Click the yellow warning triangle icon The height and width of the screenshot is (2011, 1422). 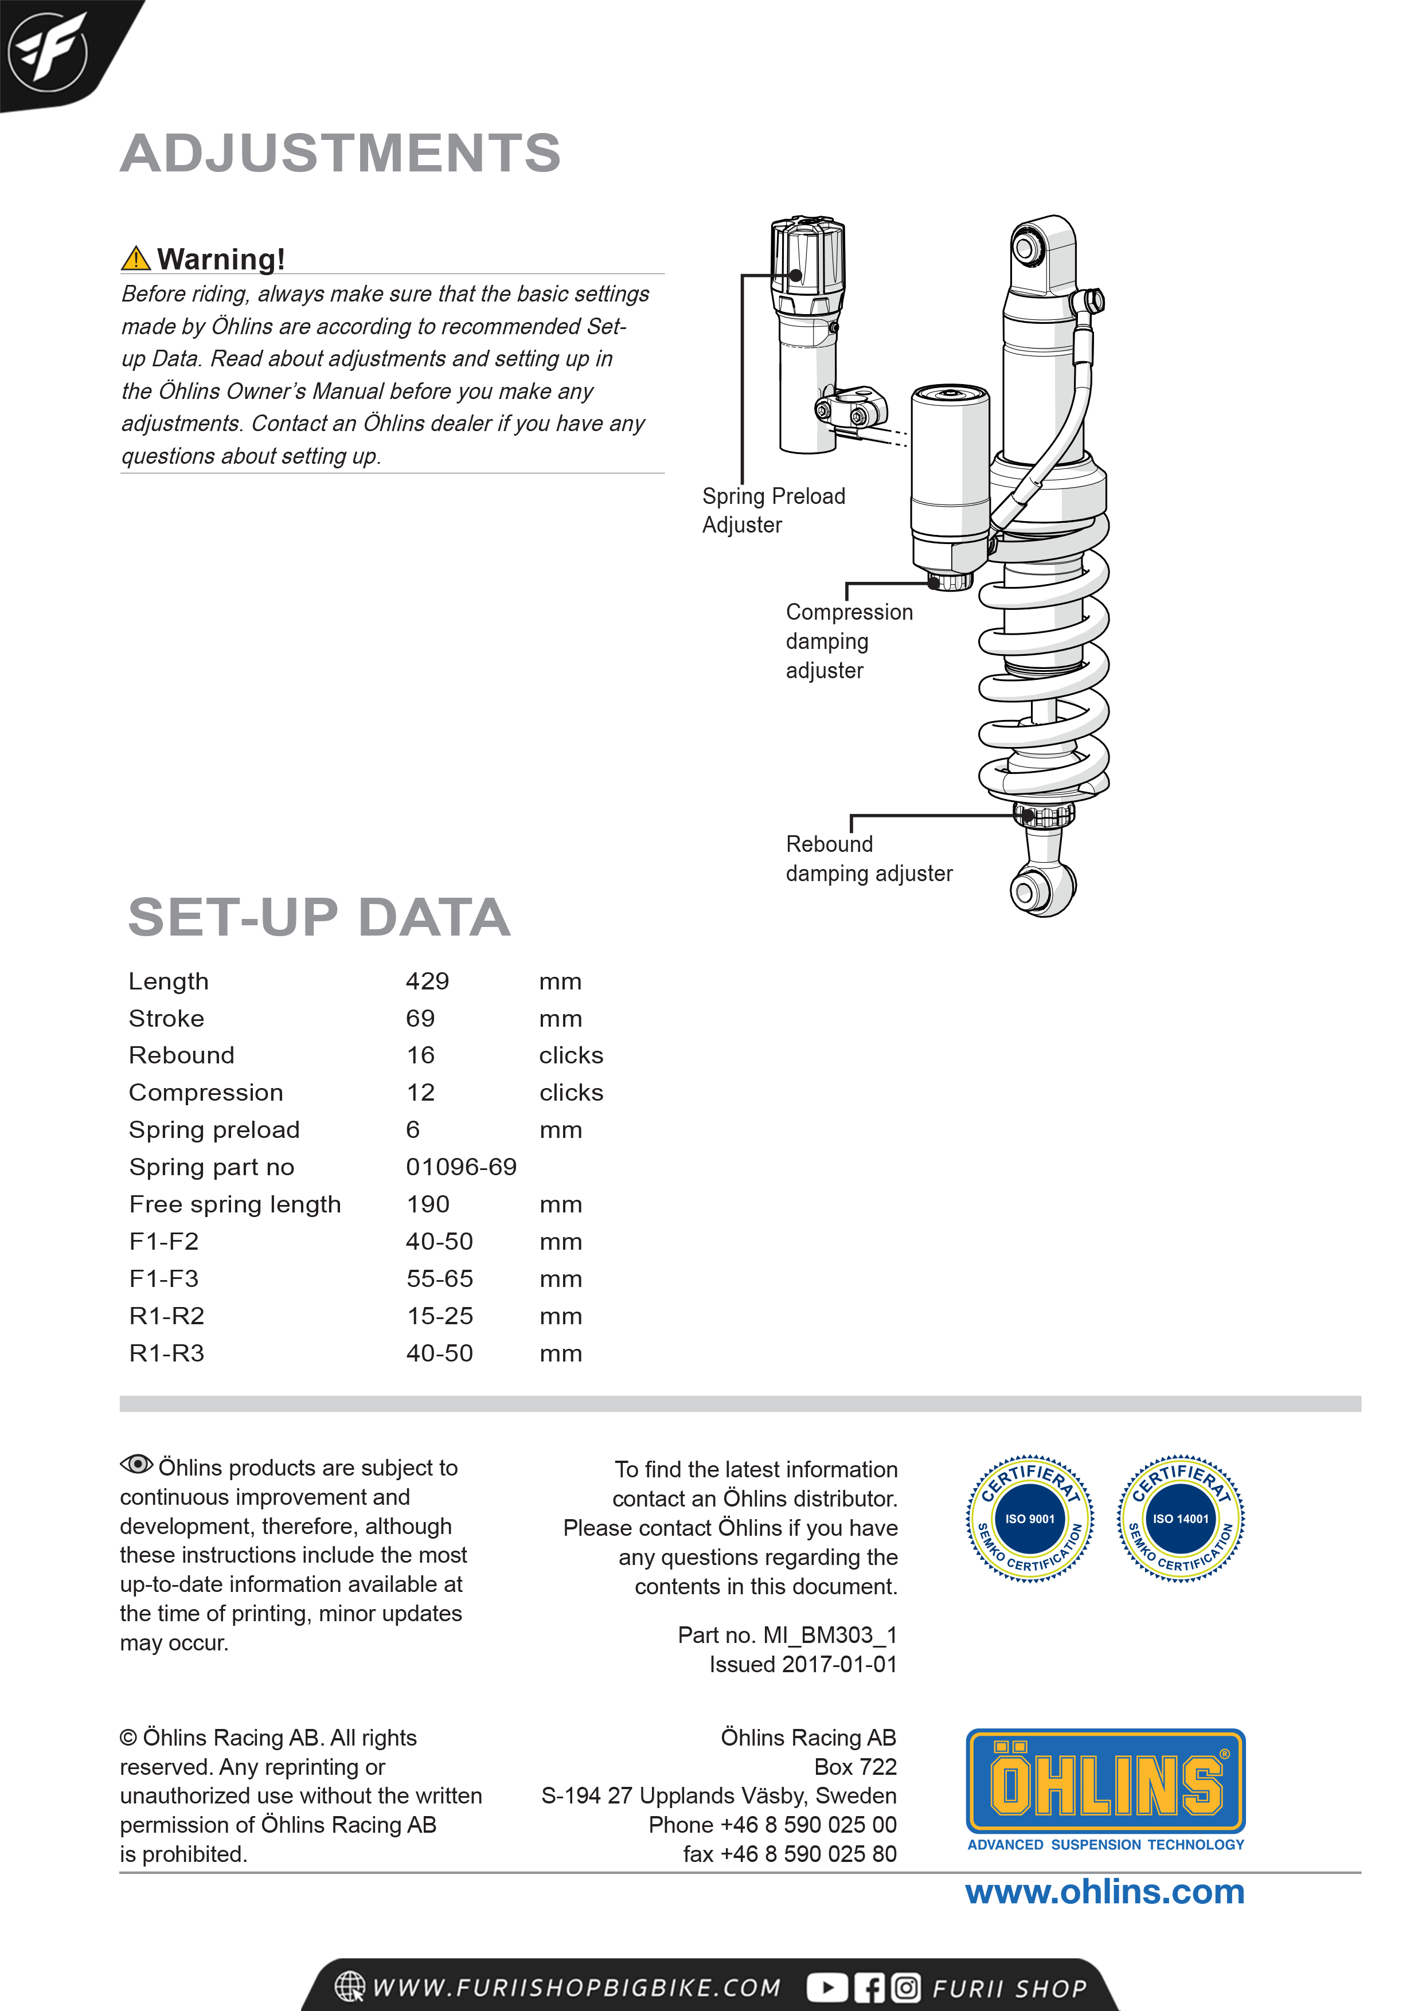pos(136,259)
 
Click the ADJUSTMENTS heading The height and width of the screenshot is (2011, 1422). pos(340,153)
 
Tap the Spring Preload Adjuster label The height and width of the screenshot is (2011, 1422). pos(773,510)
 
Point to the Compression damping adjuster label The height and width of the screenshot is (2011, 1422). pos(848,640)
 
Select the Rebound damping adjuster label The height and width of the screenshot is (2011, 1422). pos(868,858)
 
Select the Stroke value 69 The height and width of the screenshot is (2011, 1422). pos(420,1018)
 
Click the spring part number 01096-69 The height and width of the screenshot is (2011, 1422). pos(461,1167)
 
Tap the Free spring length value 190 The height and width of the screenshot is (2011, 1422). pos(428,1204)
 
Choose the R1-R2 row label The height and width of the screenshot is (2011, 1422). pos(166,1316)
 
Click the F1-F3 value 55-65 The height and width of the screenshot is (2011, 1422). pos(439,1279)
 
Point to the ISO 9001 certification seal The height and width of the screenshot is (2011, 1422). pos(1029,1519)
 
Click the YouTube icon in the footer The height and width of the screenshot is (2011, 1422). pos(826,1987)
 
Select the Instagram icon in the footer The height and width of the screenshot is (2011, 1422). pos(906,1987)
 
